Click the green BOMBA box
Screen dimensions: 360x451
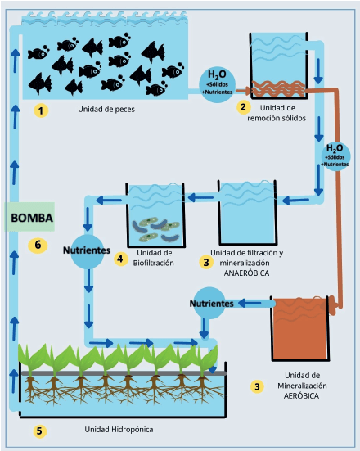click(29, 217)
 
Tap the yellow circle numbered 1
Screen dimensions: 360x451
click(41, 110)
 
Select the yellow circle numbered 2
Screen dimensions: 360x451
click(243, 107)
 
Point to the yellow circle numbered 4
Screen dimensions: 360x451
click(120, 259)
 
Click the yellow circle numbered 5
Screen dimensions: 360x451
click(39, 431)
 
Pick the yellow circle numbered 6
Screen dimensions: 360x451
click(38, 245)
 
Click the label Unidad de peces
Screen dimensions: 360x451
click(106, 110)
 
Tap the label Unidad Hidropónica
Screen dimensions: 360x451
click(119, 430)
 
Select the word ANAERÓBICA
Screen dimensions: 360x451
click(246, 273)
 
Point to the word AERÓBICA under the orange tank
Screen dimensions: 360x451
click(301, 396)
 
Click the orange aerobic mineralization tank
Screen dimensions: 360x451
click(300, 328)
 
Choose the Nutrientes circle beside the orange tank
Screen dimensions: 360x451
click(209, 303)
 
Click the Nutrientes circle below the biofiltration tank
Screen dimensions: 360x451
click(87, 251)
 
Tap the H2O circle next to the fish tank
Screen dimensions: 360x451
click(218, 83)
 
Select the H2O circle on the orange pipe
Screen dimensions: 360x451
click(335, 156)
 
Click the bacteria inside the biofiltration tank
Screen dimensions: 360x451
click(156, 228)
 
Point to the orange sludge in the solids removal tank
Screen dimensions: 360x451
click(278, 89)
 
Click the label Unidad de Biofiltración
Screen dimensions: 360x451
click(154, 258)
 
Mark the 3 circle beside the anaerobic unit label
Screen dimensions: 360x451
click(206, 262)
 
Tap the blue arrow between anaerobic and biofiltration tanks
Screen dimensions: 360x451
click(200, 197)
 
